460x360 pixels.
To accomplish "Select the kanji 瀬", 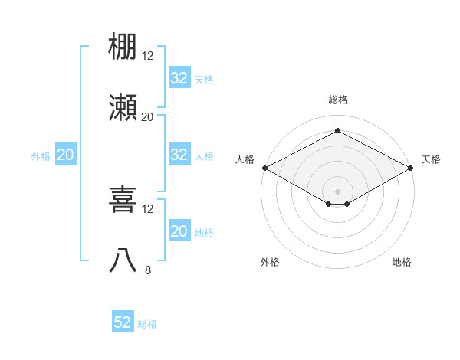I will [123, 107].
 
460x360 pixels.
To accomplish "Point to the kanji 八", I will [123, 260].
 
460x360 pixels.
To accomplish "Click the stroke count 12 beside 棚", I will [148, 55].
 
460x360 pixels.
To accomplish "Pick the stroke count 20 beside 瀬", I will [148, 116].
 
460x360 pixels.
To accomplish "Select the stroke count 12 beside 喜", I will [148, 208].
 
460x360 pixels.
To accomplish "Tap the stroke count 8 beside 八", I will [148, 270].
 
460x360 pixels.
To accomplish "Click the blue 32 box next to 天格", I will [179, 77].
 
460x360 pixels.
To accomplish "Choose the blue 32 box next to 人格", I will [179, 154].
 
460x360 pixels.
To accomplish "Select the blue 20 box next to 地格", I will [179, 231].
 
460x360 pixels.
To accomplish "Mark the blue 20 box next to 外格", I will [65, 154].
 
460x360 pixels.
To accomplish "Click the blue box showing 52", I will [123, 322].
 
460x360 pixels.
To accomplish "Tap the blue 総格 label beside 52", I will [147, 324].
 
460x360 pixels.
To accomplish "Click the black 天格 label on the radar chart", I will [431, 159].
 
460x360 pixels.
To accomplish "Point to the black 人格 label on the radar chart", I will [245, 159].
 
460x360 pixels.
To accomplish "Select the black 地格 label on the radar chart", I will [402, 262].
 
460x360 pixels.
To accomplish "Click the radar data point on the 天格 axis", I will [412, 168].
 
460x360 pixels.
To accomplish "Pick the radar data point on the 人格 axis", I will [264, 168].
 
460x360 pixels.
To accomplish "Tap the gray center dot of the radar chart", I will [337, 190].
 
